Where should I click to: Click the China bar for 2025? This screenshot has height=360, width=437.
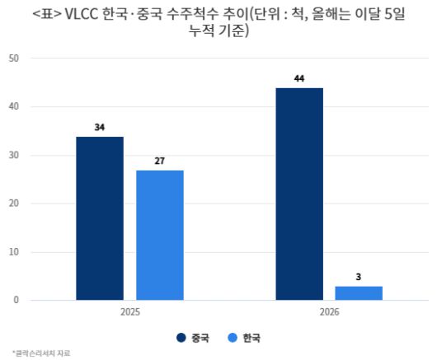tap(100, 217)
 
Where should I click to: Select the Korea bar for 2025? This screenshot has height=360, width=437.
tap(160, 235)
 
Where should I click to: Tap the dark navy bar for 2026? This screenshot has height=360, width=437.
tap(299, 194)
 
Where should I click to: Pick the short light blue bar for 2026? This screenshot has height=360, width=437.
tap(359, 292)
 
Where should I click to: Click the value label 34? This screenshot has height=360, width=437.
tap(100, 128)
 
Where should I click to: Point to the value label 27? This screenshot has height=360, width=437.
tap(160, 161)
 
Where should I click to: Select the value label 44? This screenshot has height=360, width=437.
tap(299, 79)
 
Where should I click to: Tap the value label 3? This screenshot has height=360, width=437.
tap(359, 277)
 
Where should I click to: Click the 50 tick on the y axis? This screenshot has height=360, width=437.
tap(14, 58)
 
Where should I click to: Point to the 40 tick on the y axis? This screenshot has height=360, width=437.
tap(14, 107)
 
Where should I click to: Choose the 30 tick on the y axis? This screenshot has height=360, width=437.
tap(14, 155)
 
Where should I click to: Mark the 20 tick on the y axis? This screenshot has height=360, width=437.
tap(14, 203)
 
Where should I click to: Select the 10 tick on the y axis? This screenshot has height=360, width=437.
tap(14, 252)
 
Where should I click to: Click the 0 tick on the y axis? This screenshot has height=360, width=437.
tap(16, 300)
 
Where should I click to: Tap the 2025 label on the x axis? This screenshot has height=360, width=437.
tap(129, 313)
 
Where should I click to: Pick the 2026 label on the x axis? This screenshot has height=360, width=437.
tap(329, 313)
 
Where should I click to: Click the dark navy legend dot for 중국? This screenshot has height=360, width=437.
tap(181, 337)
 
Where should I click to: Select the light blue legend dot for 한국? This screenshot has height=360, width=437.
tap(232, 337)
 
